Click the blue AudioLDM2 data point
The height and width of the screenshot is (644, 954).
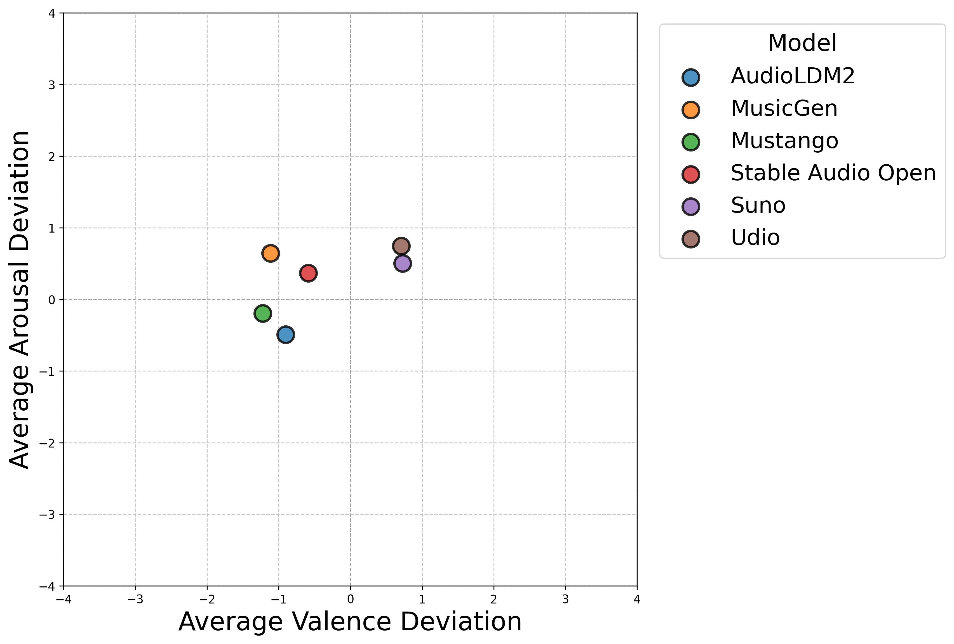tap(285, 335)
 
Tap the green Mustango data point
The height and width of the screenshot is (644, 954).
tap(263, 313)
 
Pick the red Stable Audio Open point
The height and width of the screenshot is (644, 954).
tap(308, 273)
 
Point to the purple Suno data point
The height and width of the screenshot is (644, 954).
tap(403, 263)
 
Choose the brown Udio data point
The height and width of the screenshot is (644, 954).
tap(401, 246)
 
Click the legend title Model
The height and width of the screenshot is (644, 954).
tap(802, 43)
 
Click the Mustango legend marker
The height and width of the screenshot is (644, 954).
tap(691, 142)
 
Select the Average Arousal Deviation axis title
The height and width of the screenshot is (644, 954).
tap(19, 300)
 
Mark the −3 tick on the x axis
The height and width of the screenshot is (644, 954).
tap(135, 600)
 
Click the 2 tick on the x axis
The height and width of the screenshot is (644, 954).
tap(494, 600)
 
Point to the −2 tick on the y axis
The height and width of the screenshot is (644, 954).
tap(47, 443)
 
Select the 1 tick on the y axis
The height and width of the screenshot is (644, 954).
tap(52, 228)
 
